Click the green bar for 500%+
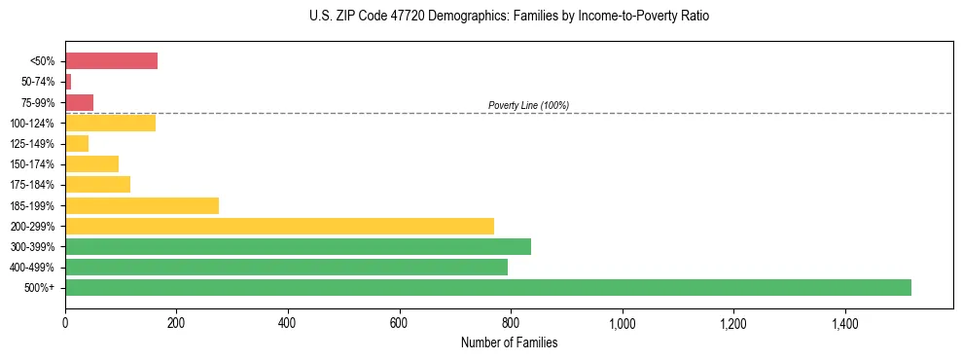click(487, 287)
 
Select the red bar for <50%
click(111, 61)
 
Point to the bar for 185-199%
click(142, 205)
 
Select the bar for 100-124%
click(110, 123)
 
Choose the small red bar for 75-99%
click(79, 102)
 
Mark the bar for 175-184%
click(97, 185)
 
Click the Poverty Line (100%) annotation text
click(528, 105)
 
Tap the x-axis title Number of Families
click(509, 342)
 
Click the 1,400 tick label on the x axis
click(843, 323)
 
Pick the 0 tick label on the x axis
click(65, 323)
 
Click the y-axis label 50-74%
click(40, 82)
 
